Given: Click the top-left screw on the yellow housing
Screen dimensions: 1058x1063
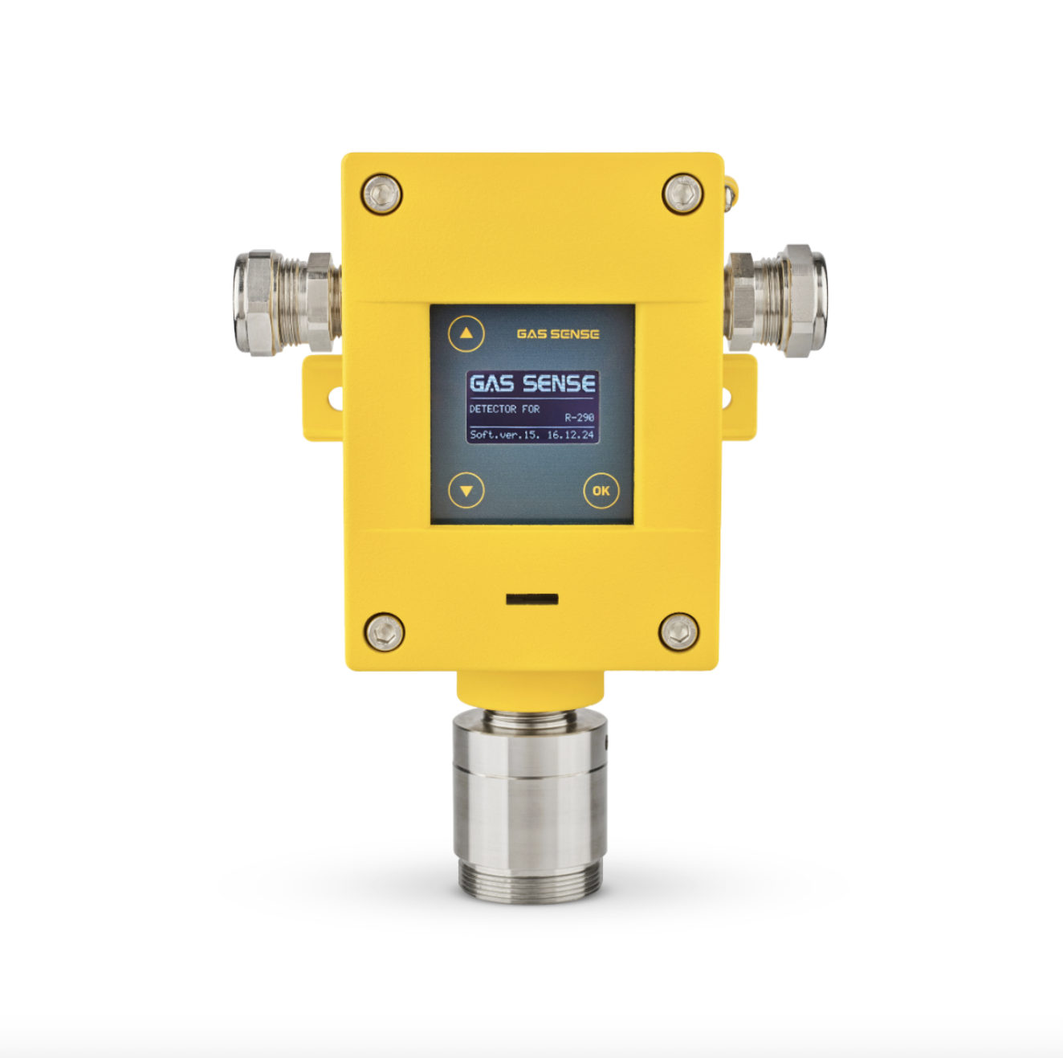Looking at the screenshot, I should tap(381, 194).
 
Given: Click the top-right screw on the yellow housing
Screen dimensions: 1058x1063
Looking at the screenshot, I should tap(682, 193).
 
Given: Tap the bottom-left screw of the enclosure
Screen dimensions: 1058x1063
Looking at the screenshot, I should tap(385, 632).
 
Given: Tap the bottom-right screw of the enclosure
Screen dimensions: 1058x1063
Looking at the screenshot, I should tap(678, 631).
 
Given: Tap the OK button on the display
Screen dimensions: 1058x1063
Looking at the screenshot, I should tap(601, 490).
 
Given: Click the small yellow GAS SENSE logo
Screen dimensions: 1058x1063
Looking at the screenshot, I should tap(557, 334).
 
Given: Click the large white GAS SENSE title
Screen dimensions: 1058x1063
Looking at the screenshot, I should tap(531, 384).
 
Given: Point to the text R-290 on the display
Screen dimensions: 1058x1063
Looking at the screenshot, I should tap(579, 418).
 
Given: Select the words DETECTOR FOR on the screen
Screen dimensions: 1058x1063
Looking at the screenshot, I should tap(504, 409).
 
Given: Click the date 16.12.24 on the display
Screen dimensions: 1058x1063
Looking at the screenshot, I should tap(570, 435).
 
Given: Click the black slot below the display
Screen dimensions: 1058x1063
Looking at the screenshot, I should tap(531, 598).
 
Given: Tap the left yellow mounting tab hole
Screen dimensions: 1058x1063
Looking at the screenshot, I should tap(335, 397).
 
